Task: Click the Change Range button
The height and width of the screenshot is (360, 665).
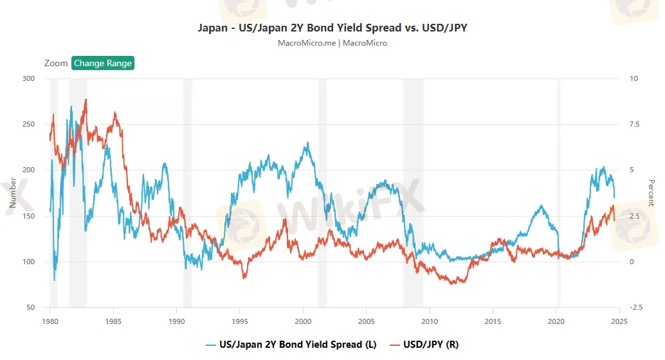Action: pyautogui.click(x=103, y=63)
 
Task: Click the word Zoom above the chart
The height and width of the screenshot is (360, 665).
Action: pyautogui.click(x=56, y=63)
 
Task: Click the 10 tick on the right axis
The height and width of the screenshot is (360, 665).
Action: pyautogui.click(x=634, y=78)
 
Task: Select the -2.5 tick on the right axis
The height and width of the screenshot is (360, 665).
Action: pyautogui.click(x=637, y=307)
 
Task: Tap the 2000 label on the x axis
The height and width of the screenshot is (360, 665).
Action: pyautogui.click(x=303, y=321)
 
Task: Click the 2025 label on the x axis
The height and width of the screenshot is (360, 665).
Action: pyautogui.click(x=619, y=321)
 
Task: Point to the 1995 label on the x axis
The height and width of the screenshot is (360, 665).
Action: pyautogui.click(x=240, y=321)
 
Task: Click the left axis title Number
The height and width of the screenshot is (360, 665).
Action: pyautogui.click(x=12, y=193)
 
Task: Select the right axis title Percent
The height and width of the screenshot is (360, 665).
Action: pyautogui.click(x=651, y=193)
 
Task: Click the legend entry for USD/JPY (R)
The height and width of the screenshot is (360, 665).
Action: pyautogui.click(x=424, y=345)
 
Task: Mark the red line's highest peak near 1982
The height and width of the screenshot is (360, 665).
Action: pyautogui.click(x=86, y=100)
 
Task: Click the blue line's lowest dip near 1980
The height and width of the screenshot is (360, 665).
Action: pyautogui.click(x=54, y=280)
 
